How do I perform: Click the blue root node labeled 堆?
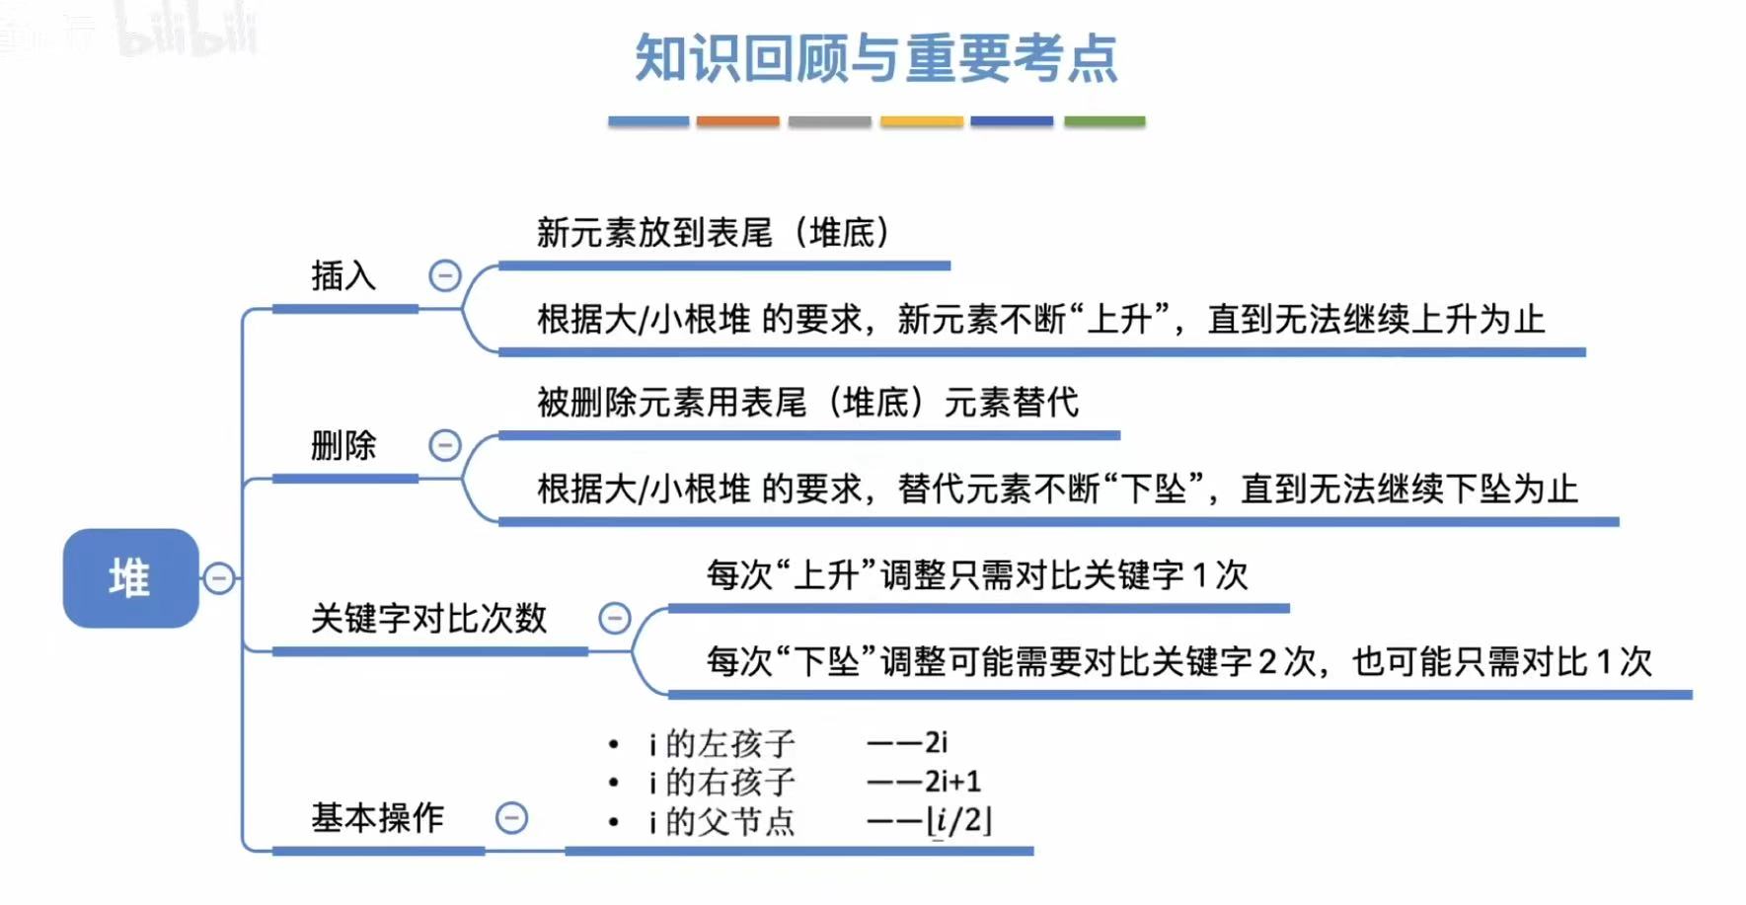pyautogui.click(x=130, y=578)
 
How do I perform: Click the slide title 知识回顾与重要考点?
pyautogui.click(x=875, y=58)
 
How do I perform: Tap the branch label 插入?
pyautogui.click(x=343, y=276)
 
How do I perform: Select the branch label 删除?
pyautogui.click(x=343, y=446)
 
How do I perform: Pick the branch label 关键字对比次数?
pyautogui.click(x=428, y=619)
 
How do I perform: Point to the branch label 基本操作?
pyautogui.click(x=377, y=818)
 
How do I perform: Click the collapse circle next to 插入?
pyautogui.click(x=445, y=275)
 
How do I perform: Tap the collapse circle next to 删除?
pyautogui.click(x=445, y=445)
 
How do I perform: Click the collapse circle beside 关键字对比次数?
pyautogui.click(x=615, y=619)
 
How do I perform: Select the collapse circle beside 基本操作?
pyautogui.click(x=511, y=818)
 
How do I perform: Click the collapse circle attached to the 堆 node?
pyautogui.click(x=219, y=578)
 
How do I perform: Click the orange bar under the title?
pyautogui.click(x=737, y=121)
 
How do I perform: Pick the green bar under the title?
pyautogui.click(x=1104, y=121)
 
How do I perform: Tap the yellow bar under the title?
pyautogui.click(x=921, y=121)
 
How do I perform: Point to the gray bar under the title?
pyautogui.click(x=829, y=121)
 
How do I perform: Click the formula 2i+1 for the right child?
pyautogui.click(x=952, y=783)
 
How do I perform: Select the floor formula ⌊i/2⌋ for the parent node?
pyautogui.click(x=958, y=821)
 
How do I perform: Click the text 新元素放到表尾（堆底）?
pyautogui.click(x=713, y=234)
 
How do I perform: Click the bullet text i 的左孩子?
pyautogui.click(x=721, y=743)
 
